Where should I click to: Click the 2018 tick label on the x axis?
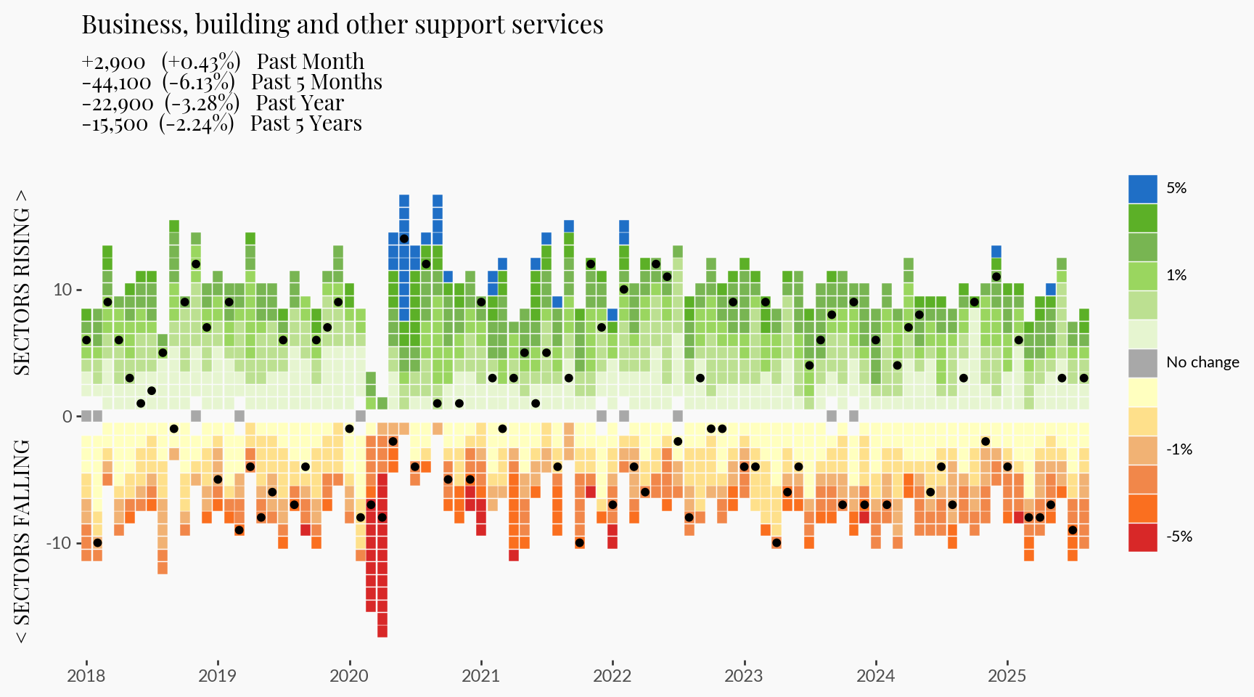click(86, 676)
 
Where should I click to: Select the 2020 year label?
click(349, 676)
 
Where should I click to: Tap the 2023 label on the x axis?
click(744, 676)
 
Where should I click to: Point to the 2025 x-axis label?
click(1007, 676)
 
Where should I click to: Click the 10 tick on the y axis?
click(62, 290)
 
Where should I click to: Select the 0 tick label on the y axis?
click(67, 416)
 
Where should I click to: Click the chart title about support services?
click(342, 25)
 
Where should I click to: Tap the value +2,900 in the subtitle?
click(113, 62)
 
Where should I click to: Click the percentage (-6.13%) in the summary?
click(198, 83)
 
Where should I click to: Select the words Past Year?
click(300, 103)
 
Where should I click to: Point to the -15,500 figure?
click(115, 124)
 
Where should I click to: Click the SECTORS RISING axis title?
click(23, 282)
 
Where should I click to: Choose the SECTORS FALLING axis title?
click(23, 541)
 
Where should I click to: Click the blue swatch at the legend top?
click(1142, 189)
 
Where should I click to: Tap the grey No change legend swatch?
click(1142, 363)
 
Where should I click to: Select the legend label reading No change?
click(1202, 362)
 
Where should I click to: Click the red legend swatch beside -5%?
click(1142, 537)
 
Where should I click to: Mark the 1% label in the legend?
click(1176, 275)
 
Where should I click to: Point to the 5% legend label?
click(1176, 188)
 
